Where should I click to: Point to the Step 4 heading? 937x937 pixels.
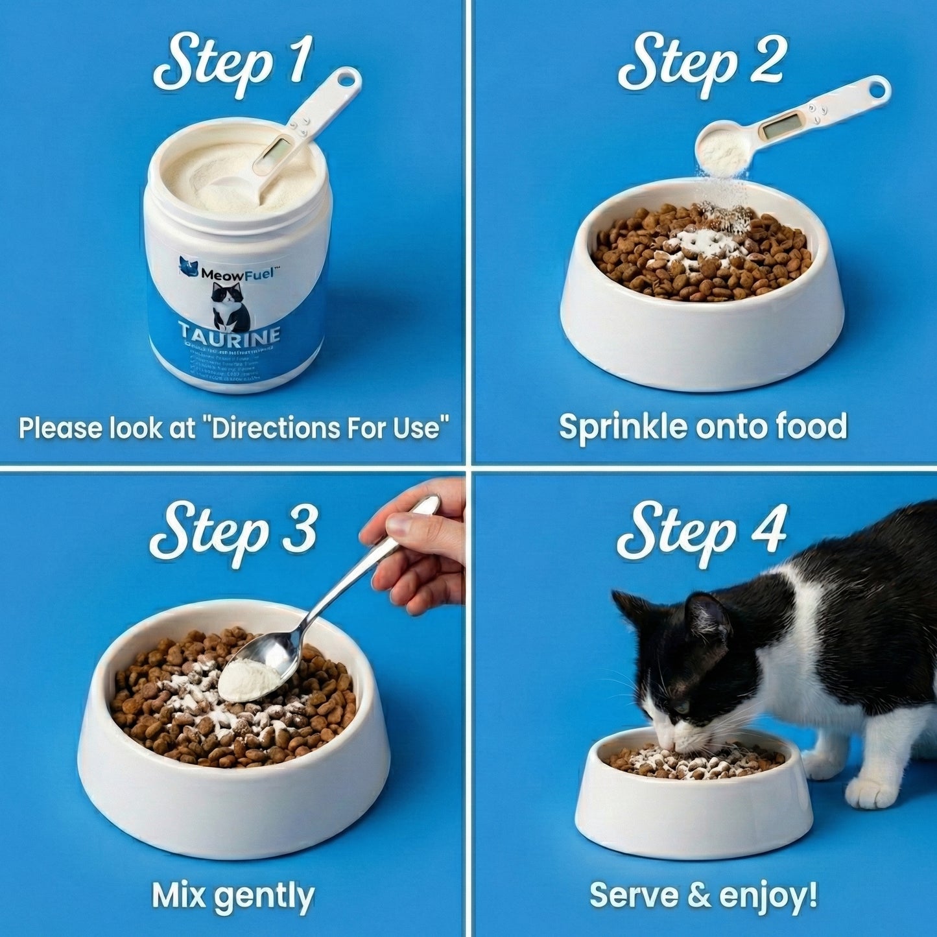(x=702, y=532)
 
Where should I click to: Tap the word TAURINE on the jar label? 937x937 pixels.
(x=231, y=335)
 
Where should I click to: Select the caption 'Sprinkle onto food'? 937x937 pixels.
(x=703, y=427)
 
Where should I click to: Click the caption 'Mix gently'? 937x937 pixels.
(x=233, y=895)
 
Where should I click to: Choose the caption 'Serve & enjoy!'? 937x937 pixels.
(x=703, y=895)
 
